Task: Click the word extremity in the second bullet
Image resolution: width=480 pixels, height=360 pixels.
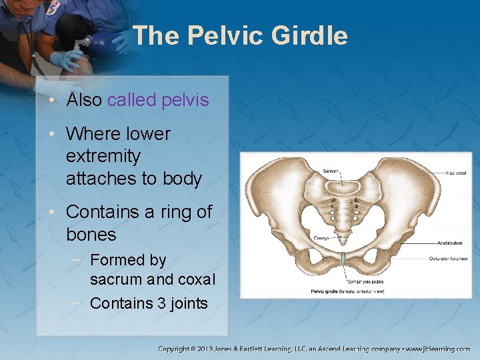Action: [103, 157]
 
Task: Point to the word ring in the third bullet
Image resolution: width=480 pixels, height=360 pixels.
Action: [175, 212]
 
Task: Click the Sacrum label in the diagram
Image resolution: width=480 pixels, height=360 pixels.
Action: [331, 171]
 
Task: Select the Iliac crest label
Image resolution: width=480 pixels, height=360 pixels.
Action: [455, 173]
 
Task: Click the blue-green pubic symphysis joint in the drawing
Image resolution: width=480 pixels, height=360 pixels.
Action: [343, 259]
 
